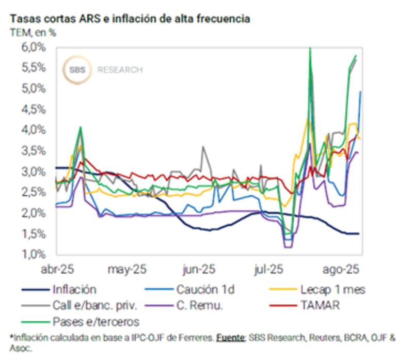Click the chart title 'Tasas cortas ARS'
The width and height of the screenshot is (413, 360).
[x=129, y=19]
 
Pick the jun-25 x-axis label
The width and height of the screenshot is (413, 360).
[x=199, y=269]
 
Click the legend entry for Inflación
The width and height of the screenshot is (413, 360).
[x=74, y=289]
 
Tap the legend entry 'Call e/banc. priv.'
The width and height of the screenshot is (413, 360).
[x=94, y=305]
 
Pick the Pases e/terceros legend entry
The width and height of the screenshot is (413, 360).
[x=96, y=321]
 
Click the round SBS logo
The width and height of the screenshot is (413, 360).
[x=77, y=70]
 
